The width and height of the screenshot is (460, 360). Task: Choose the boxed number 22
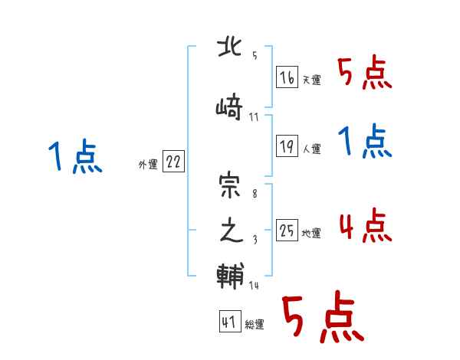tap(173, 162)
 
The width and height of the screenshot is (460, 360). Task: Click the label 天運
tap(310, 80)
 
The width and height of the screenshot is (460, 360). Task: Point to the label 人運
tap(310, 149)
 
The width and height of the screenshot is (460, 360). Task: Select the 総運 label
tap(254, 325)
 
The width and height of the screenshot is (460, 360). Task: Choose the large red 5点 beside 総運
tap(322, 319)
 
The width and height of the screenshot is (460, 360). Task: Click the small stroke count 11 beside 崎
tap(255, 117)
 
